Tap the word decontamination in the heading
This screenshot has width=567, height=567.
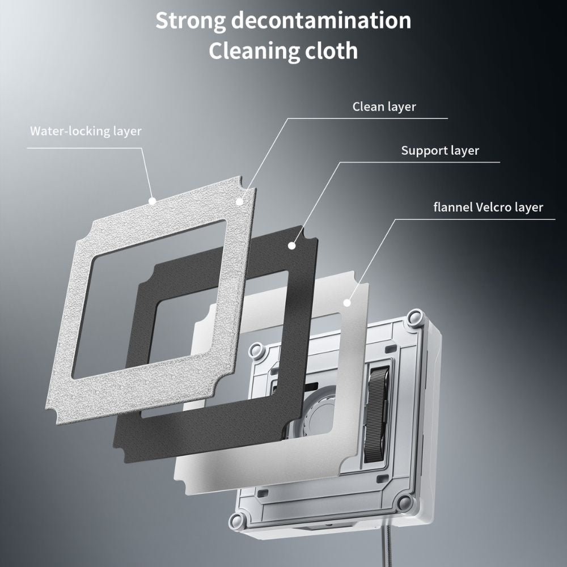point(321,21)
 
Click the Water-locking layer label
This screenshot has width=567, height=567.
point(86,131)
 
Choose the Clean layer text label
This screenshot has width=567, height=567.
point(384,107)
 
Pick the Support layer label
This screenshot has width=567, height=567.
point(440,151)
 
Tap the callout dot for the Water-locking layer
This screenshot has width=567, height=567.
point(152,200)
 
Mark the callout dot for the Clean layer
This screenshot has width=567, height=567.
point(240,201)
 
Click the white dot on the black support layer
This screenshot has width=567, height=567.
point(292,246)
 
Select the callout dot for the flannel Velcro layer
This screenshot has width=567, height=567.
point(347,303)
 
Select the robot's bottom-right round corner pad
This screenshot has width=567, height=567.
point(404,502)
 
